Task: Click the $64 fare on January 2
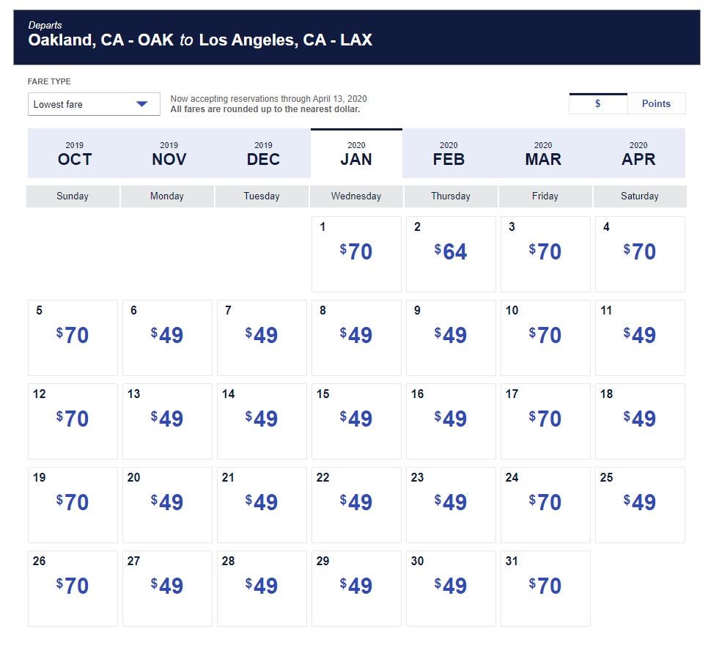pos(451,251)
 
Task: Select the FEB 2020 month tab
pos(449,153)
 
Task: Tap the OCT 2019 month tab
pos(75,153)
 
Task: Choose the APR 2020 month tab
pos(638,153)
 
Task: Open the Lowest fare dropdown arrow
pos(141,104)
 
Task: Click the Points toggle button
pos(656,103)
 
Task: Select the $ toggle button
pos(598,103)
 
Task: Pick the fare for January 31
pos(545,586)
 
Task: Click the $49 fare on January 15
pos(355,419)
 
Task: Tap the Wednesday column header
pos(355,196)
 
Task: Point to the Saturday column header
pos(640,196)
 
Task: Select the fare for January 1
pos(355,251)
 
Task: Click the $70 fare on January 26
pos(73,586)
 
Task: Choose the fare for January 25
pos(639,502)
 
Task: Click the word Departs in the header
pos(45,25)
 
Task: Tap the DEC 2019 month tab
pos(263,153)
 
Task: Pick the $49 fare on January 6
pos(166,335)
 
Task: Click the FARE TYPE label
pos(49,81)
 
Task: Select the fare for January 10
pos(545,335)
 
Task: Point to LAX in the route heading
pos(356,40)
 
